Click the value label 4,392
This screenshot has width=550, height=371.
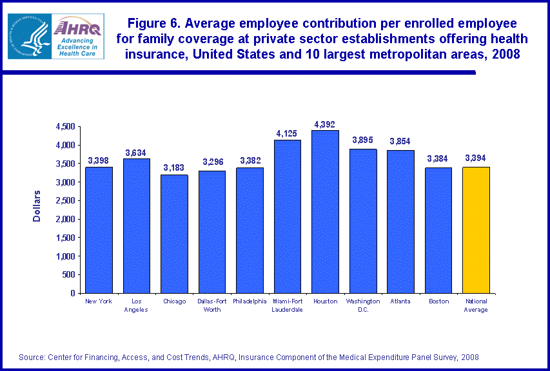tap(325, 124)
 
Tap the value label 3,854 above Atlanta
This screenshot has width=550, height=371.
tap(400, 141)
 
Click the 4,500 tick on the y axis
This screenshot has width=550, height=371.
tap(65, 127)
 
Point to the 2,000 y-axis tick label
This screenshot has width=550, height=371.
tap(65, 219)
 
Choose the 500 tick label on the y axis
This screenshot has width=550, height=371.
tap(69, 274)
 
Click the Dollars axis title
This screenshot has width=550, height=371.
tap(37, 206)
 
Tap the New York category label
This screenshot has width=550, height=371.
tap(99, 301)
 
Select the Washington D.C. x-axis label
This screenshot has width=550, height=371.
tap(363, 305)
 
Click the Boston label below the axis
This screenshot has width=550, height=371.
tap(438, 301)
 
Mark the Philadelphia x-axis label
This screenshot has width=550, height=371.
tap(250, 301)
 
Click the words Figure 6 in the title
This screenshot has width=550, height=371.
tap(152, 24)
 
